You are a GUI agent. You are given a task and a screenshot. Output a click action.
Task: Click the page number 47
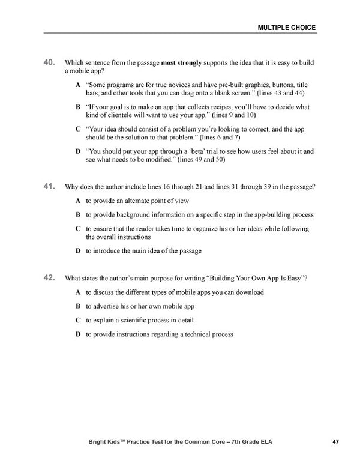pyautogui.click(x=336, y=443)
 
